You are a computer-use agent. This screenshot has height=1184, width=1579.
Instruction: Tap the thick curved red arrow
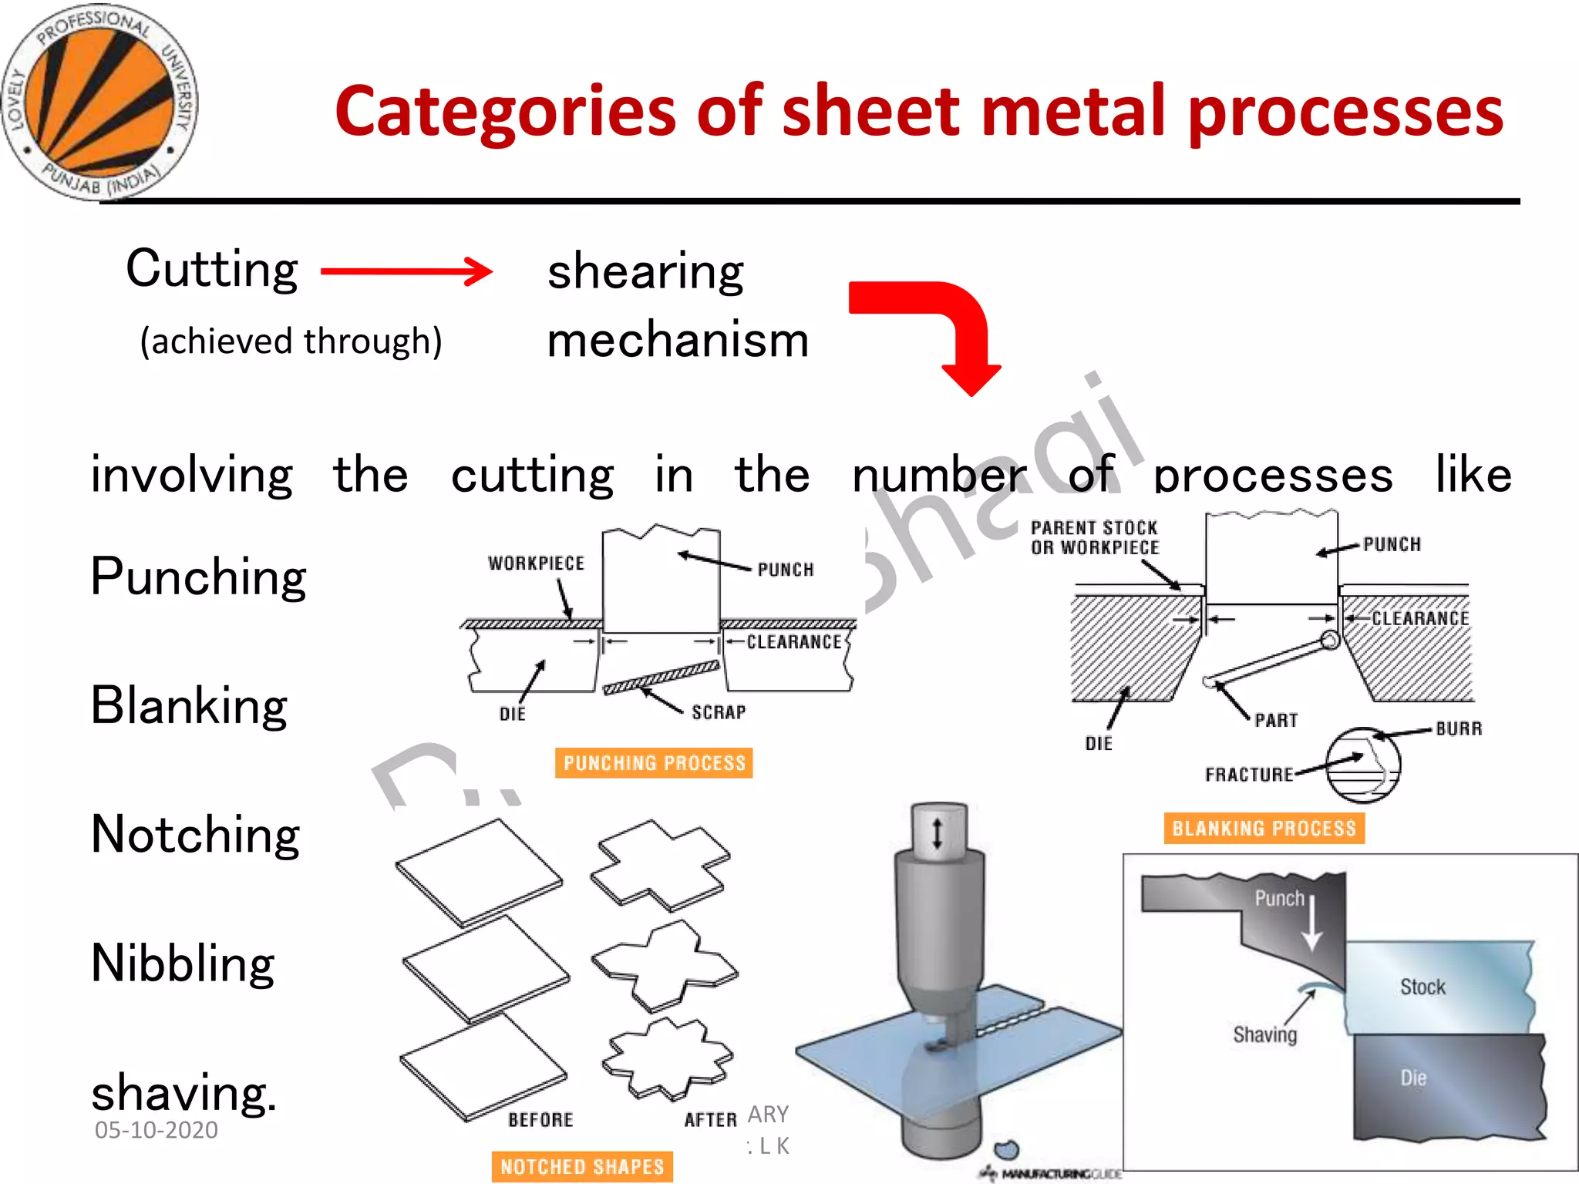(x=941, y=324)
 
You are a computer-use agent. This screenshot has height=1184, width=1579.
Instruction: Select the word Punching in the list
(x=198, y=577)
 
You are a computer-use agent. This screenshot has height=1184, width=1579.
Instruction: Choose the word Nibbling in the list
(x=183, y=964)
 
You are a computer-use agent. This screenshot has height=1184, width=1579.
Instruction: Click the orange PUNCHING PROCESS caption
(x=654, y=763)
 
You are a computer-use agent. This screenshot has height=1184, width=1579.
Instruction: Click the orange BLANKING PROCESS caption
(x=1264, y=829)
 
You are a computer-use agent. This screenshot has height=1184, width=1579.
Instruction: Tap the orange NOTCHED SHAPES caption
(x=582, y=1166)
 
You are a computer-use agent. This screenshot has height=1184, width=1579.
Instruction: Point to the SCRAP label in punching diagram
(x=719, y=712)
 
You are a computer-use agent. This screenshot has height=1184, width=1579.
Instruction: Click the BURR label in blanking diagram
(x=1459, y=728)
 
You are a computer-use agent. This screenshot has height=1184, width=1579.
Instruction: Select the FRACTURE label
(x=1249, y=774)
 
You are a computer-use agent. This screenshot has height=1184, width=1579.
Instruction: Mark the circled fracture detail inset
(x=1363, y=765)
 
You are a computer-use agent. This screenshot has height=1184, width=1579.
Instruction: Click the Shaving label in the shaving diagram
(x=1264, y=1034)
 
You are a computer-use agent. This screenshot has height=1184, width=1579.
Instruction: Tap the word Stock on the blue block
(x=1422, y=987)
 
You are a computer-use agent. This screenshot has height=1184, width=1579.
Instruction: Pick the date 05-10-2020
(x=157, y=1130)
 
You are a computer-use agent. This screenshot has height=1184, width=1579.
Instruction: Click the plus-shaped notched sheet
(x=660, y=865)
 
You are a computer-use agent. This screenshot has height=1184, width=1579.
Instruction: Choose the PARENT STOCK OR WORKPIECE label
(x=1095, y=537)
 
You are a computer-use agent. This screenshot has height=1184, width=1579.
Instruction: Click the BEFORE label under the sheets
(x=540, y=1119)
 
